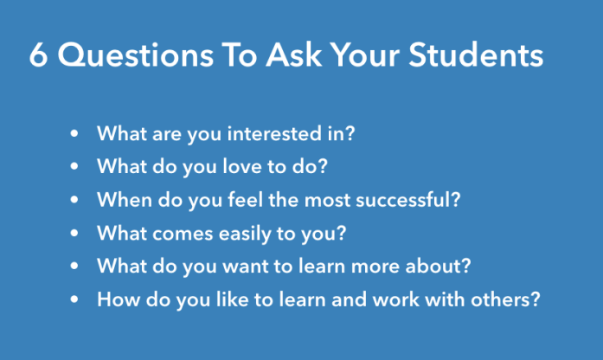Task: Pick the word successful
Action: click(x=409, y=200)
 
